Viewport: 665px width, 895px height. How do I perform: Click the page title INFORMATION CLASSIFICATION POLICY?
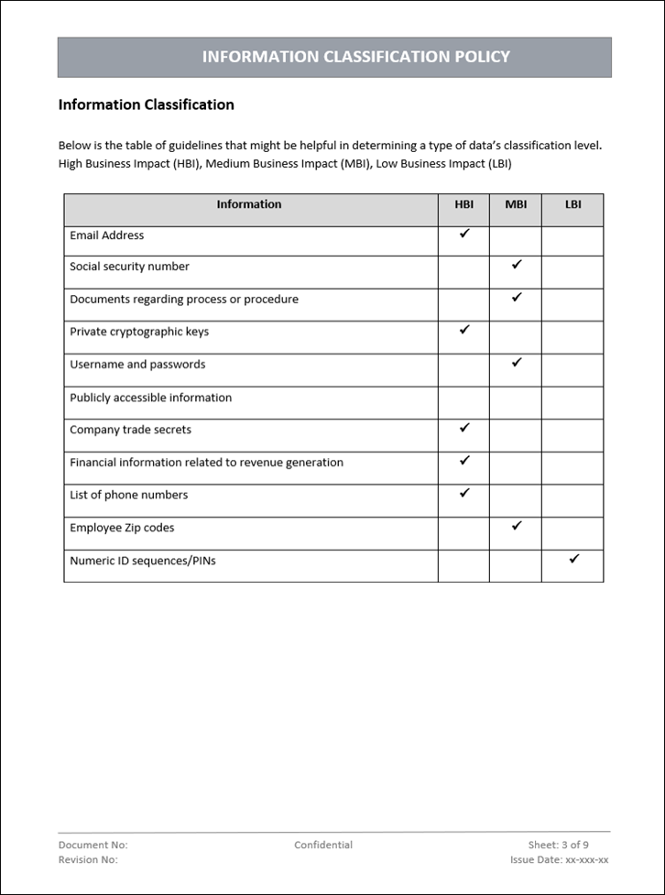pyautogui.click(x=355, y=57)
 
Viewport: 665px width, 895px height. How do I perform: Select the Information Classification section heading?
pyautogui.click(x=146, y=104)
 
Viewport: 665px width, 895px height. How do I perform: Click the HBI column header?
pyautogui.click(x=463, y=205)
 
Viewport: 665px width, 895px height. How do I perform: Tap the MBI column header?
pyautogui.click(x=516, y=205)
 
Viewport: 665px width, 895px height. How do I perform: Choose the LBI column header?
pyautogui.click(x=572, y=205)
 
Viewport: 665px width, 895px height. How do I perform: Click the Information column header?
pyautogui.click(x=249, y=204)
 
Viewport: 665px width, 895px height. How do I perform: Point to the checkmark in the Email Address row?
pyautogui.click(x=464, y=235)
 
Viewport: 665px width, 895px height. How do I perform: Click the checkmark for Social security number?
pyautogui.click(x=517, y=265)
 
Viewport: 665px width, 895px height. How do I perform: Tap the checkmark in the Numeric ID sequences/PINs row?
pyautogui.click(x=574, y=558)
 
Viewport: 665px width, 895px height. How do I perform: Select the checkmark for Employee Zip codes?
pyautogui.click(x=517, y=526)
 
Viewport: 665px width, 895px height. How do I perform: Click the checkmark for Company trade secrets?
pyautogui.click(x=464, y=428)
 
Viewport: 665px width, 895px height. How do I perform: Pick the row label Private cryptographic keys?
pyautogui.click(x=139, y=332)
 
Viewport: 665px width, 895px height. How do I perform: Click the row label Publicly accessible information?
pyautogui.click(x=151, y=398)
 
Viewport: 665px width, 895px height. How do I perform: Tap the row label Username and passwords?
pyautogui.click(x=137, y=365)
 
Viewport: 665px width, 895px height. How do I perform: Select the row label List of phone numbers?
pyautogui.click(x=129, y=495)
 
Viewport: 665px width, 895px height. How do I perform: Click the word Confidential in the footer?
pyautogui.click(x=323, y=845)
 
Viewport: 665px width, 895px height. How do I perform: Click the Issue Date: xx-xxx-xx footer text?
pyautogui.click(x=559, y=860)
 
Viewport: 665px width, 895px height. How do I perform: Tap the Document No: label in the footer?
pyautogui.click(x=93, y=845)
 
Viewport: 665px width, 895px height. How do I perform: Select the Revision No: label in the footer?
pyautogui.click(x=88, y=860)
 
